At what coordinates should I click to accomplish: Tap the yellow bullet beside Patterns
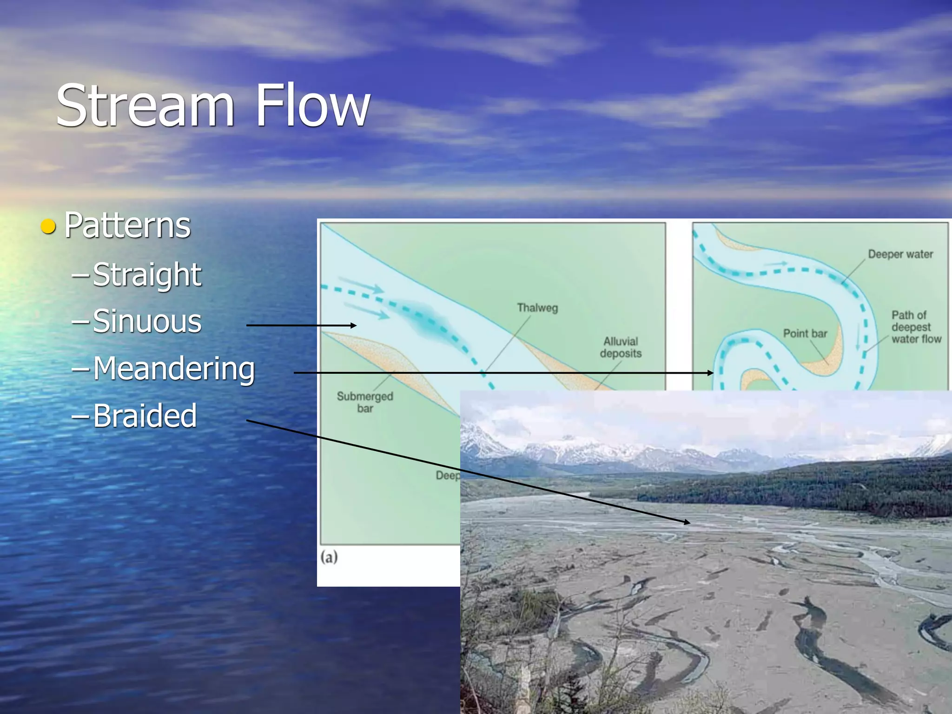point(48,226)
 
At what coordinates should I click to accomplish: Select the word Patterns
point(127,225)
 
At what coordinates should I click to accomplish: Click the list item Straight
point(147,274)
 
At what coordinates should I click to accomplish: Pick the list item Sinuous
point(147,321)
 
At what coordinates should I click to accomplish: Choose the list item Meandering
point(174,369)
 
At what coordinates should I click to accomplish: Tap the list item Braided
point(145,415)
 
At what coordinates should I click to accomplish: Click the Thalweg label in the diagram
point(537,308)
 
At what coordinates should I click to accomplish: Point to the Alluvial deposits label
point(621,347)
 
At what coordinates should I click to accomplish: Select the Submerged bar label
point(365,402)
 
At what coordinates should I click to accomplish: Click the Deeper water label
point(900,254)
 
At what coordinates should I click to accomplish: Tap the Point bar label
point(805,333)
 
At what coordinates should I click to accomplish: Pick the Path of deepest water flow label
point(915,327)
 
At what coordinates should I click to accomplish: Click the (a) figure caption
point(329,556)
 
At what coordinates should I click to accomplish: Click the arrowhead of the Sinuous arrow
point(354,325)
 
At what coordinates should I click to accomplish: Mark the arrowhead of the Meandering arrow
point(711,373)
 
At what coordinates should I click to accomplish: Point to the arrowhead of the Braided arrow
point(688,522)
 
